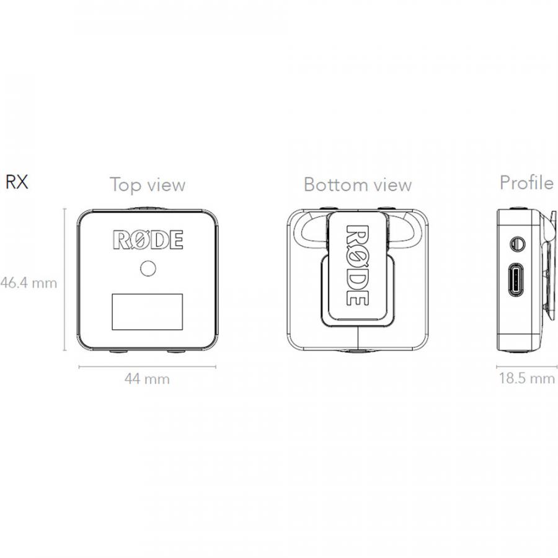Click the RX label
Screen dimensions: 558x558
[17, 182]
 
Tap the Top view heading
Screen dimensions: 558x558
[148, 185]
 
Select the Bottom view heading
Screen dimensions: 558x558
[358, 185]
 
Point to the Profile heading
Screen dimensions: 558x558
[526, 182]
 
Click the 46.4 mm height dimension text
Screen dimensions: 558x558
[29, 283]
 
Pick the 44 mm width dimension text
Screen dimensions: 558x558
[147, 379]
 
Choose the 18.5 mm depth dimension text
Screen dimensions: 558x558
[526, 378]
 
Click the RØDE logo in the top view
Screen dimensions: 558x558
[148, 239]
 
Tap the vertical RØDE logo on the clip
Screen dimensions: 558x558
[357, 265]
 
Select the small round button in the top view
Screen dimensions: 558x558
[148, 268]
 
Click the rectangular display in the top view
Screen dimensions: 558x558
[148, 312]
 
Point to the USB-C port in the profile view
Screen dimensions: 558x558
[516, 280]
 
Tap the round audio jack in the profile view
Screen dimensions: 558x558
[517, 244]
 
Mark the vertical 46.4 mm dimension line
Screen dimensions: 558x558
[64, 280]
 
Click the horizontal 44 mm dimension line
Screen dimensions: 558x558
[148, 366]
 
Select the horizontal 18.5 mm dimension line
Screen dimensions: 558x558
[526, 366]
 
